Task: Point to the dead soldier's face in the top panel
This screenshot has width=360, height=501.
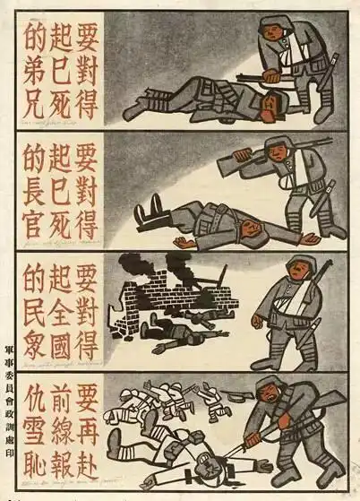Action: coord(261,108)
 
